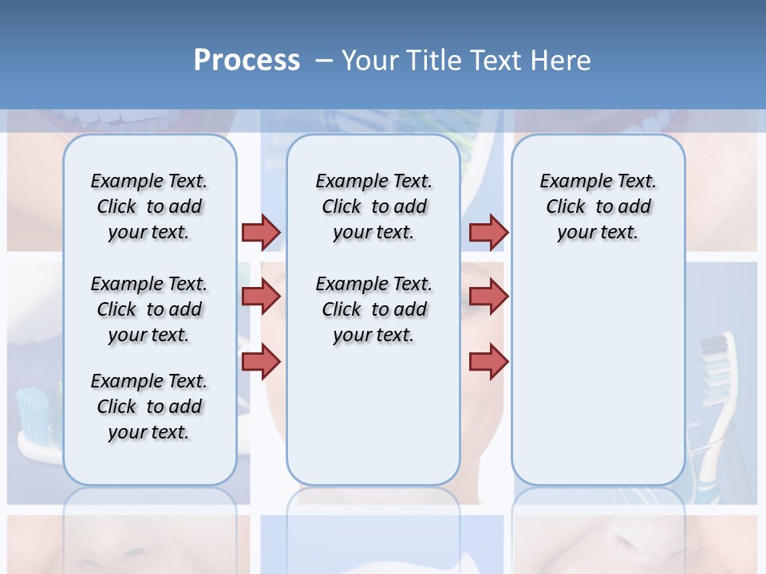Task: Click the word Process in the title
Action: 247,61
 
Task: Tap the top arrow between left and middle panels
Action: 261,232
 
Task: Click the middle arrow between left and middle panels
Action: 261,297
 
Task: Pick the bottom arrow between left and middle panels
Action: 261,362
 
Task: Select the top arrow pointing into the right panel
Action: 488,232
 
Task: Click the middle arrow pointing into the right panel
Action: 488,297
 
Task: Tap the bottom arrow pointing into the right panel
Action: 488,362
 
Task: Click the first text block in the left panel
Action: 149,206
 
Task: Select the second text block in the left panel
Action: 149,309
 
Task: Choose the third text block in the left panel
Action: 149,407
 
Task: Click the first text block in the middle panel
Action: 373,206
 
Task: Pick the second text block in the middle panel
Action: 373,309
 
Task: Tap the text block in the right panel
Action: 598,206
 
